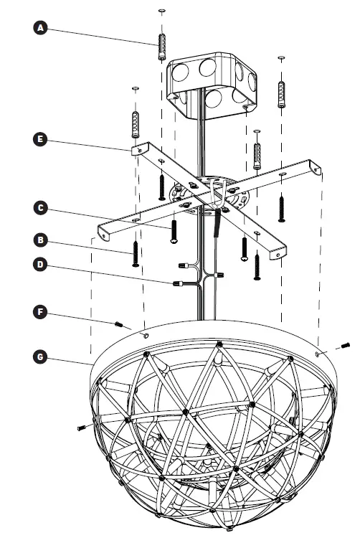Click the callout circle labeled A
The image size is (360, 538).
[x=41, y=28]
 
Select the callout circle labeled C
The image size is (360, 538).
[x=41, y=208]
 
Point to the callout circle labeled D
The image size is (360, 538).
[x=41, y=265]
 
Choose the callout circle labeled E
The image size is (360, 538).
[x=41, y=139]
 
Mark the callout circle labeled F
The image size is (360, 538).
[x=41, y=311]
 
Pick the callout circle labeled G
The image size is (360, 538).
[x=41, y=354]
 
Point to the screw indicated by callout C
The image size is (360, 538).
[x=174, y=232]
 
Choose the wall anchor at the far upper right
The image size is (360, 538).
[x=281, y=89]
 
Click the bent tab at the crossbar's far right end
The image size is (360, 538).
[x=314, y=168]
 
